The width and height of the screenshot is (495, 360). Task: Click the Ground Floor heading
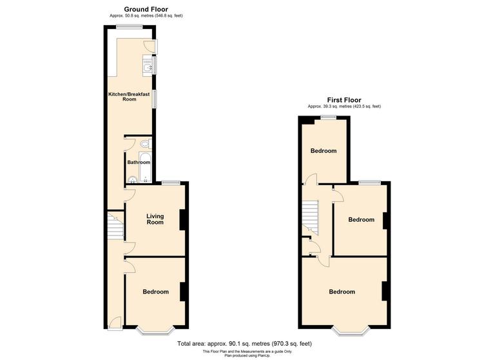pyautogui.click(x=132, y=9)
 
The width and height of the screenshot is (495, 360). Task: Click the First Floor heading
pyautogui.click(x=344, y=100)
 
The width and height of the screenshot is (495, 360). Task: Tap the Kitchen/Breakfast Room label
pyautogui.click(x=129, y=97)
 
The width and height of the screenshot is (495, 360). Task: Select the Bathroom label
pyautogui.click(x=138, y=163)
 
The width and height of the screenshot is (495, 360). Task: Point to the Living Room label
pyautogui.click(x=155, y=219)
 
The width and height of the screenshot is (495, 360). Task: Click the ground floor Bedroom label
pyautogui.click(x=155, y=292)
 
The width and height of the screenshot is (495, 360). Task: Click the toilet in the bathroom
pyautogui.click(x=145, y=143)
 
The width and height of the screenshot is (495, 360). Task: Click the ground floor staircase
pyautogui.click(x=115, y=226)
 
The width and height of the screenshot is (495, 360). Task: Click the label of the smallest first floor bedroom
pyautogui.click(x=324, y=151)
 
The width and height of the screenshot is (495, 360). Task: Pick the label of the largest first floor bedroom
pyautogui.click(x=342, y=292)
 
